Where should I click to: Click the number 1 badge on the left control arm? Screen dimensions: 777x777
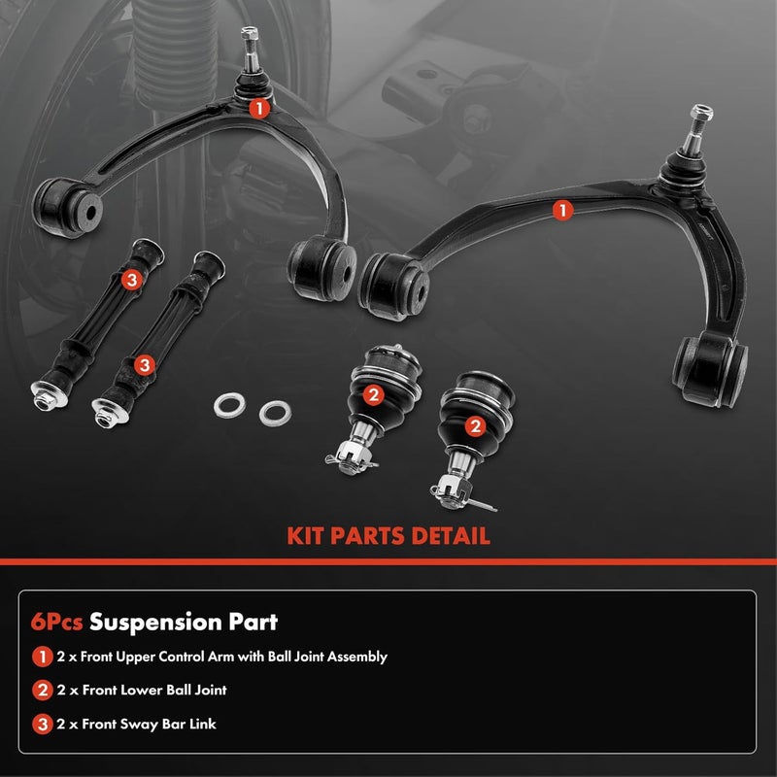257,109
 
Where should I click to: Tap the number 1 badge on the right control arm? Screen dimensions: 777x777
561,209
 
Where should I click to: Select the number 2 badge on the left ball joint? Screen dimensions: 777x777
373,394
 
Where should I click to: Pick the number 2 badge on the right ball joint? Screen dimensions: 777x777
475,425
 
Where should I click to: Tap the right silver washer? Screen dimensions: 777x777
276,411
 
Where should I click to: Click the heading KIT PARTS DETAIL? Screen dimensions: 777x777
388,535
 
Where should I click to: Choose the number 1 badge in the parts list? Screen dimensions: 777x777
42,657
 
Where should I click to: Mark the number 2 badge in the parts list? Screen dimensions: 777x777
42,691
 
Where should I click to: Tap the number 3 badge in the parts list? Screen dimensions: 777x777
42,724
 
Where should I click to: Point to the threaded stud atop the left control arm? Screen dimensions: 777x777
248,46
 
